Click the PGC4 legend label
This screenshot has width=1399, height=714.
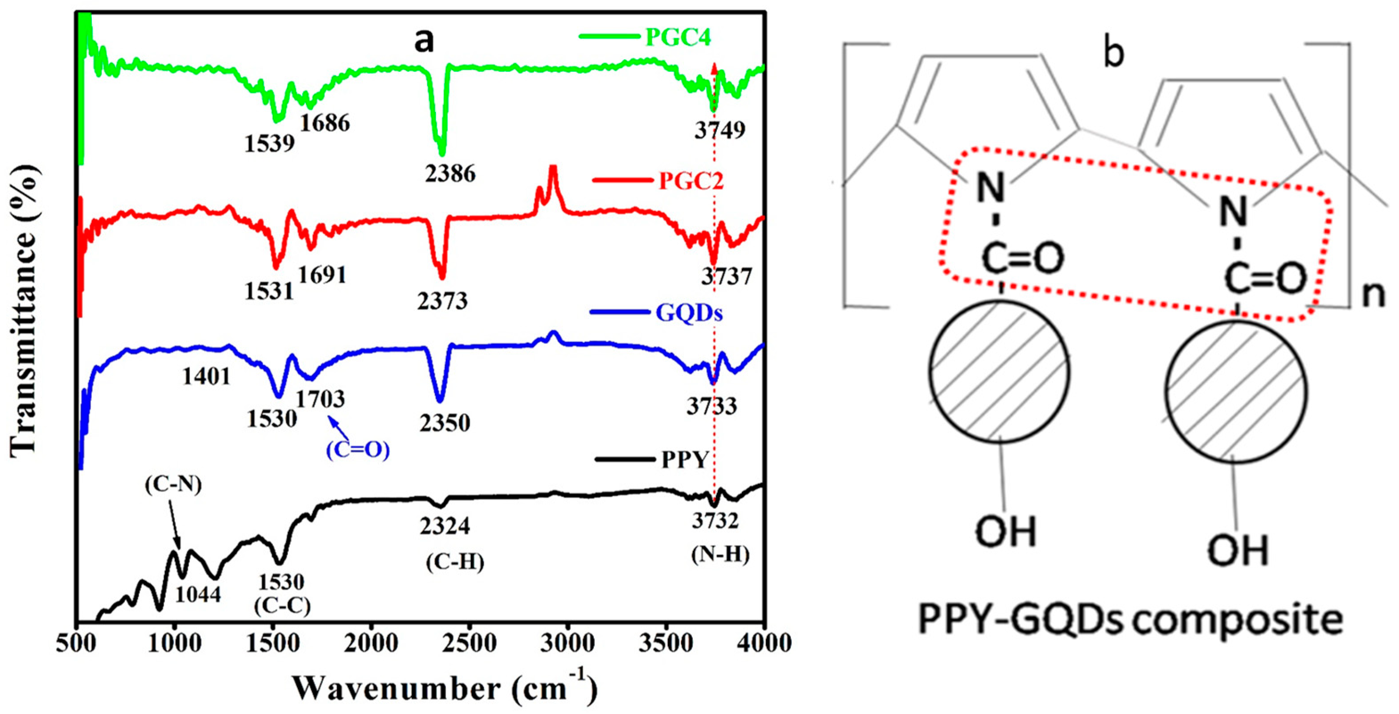pos(678,38)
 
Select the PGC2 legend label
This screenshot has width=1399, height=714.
pos(691,181)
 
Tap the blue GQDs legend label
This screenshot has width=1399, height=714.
pos(689,313)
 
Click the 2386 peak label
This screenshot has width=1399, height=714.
pos(450,174)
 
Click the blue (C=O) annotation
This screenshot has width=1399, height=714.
pos(358,450)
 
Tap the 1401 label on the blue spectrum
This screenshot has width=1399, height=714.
pos(206,376)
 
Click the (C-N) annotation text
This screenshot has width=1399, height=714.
pos(174,485)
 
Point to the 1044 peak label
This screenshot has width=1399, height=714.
pos(198,595)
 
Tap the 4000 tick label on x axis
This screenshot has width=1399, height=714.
pos(763,644)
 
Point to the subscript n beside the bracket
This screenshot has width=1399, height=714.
pos(1374,296)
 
